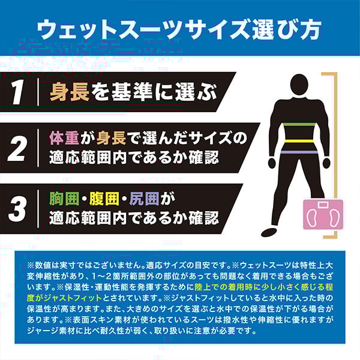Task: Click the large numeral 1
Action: [17, 92]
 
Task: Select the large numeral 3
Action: [17, 209]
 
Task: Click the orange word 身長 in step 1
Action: [70, 92]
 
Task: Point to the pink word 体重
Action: [64, 138]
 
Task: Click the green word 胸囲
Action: [64, 199]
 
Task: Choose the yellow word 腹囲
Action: [104, 199]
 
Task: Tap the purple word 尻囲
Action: [144, 199]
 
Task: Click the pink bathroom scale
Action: [323, 214]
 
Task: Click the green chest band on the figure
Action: [299, 124]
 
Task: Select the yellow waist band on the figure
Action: [299, 141]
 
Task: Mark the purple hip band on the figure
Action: [299, 152]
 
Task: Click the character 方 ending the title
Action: [308, 29]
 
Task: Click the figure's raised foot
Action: [270, 232]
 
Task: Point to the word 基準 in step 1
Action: [131, 92]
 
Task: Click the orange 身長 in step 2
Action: [112, 138]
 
